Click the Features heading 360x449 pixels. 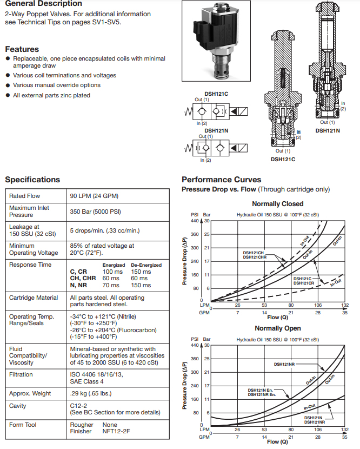[22, 49]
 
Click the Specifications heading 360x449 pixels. [32, 180]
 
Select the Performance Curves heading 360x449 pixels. [221, 180]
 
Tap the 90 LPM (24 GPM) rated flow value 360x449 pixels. [94, 196]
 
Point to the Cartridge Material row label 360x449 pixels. [34, 298]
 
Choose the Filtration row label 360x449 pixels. [21, 374]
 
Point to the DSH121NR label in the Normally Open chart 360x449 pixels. [284, 364]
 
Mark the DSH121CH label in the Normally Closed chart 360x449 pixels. [252, 253]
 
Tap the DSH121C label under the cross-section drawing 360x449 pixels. [283, 160]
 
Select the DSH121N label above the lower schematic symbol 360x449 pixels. [215, 130]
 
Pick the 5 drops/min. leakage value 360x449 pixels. [105, 231]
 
